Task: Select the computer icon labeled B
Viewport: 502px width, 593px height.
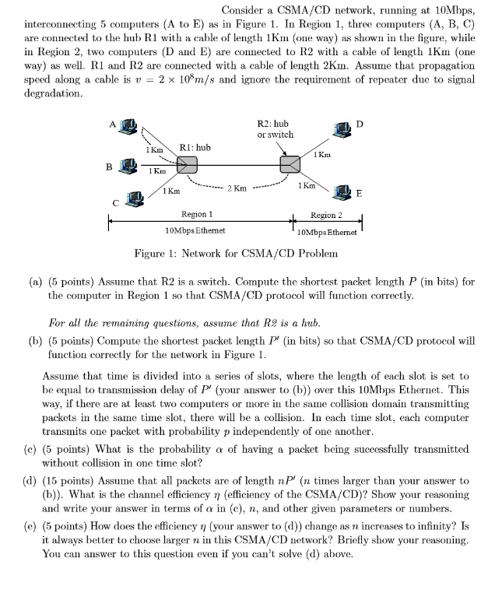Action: [129, 165]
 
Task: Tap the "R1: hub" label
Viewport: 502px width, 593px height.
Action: [195, 146]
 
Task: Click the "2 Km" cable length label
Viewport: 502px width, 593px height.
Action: [237, 188]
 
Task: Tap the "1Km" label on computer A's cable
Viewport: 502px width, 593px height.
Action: [154, 149]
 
